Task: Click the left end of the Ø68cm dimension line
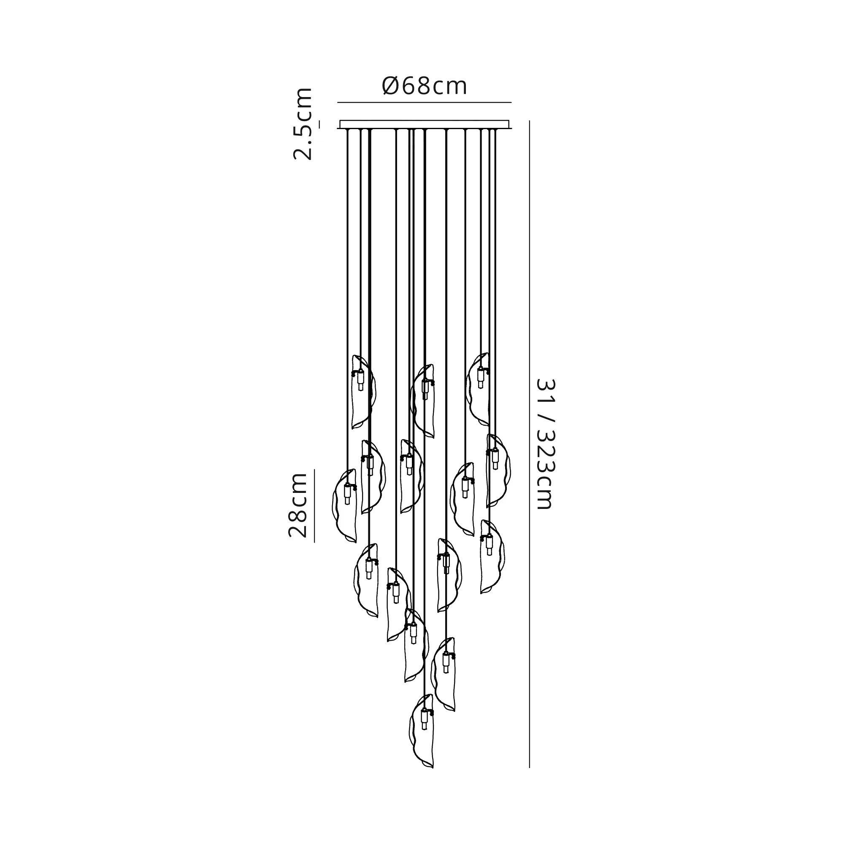click(338, 102)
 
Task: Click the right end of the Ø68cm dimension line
click(511, 102)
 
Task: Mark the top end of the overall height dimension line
click(530, 121)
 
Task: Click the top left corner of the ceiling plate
click(340, 121)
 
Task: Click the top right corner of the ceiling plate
click(509, 121)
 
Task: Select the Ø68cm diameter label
click(425, 86)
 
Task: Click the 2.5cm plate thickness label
click(303, 124)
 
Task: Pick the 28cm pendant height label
click(298, 505)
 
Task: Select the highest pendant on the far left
click(363, 392)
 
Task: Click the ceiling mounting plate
click(425, 125)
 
